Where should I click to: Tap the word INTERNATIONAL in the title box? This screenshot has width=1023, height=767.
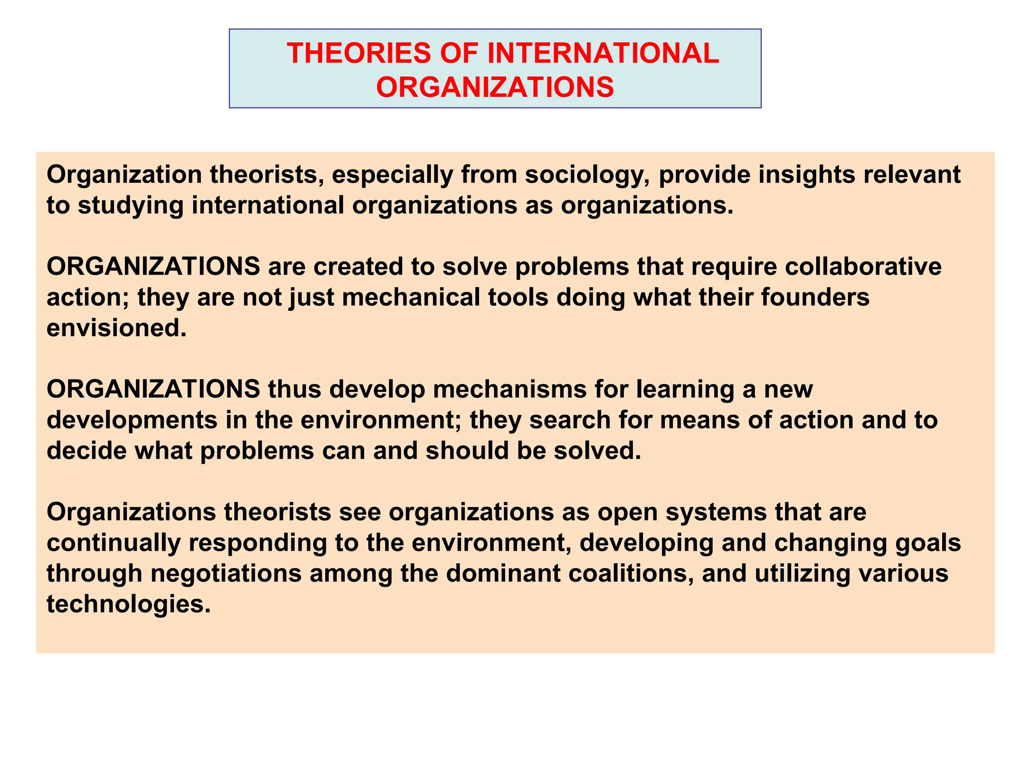[x=603, y=53]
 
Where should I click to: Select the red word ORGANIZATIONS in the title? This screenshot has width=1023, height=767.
[x=495, y=87]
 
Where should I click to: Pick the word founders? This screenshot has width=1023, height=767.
[x=815, y=297]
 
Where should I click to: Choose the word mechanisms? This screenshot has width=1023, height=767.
[x=510, y=389]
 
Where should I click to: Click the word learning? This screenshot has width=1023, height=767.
[x=685, y=390]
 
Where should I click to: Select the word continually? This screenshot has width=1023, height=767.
[x=113, y=543]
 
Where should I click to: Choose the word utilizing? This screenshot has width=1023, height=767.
[x=802, y=574]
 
